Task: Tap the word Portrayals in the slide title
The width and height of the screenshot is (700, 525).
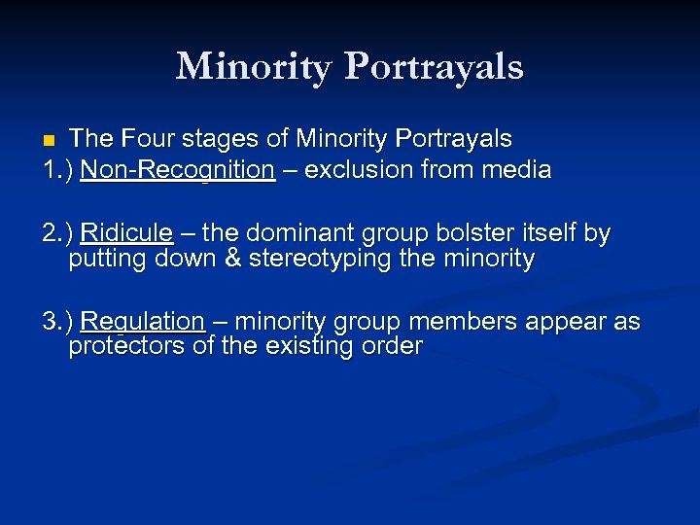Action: tap(434, 66)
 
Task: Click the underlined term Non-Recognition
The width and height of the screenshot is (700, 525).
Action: tap(178, 170)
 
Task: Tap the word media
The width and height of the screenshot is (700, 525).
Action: tap(518, 170)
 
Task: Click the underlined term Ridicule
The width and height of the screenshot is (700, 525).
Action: tap(126, 234)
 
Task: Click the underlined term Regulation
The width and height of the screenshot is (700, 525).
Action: tap(142, 322)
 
